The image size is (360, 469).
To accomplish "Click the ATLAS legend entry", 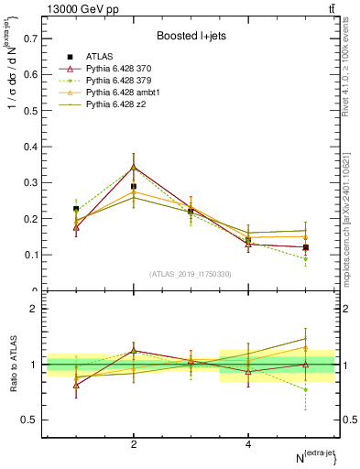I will click(100, 57).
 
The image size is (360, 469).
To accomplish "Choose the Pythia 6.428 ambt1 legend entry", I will click(125, 93).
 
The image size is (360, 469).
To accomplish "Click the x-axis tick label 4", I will click(248, 444).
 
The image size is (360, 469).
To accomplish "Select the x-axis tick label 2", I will click(134, 444).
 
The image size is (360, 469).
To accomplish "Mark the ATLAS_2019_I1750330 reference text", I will click(189, 274).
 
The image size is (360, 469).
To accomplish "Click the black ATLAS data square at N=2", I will click(134, 186).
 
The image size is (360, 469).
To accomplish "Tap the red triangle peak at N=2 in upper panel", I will click(134, 168).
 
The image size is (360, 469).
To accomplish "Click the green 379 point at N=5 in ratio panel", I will click(306, 389).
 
